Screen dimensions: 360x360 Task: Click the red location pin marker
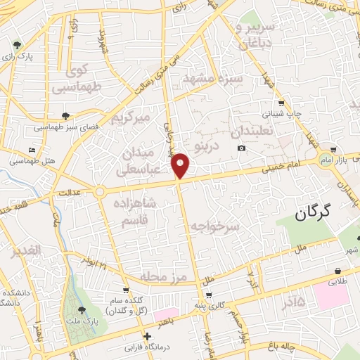tap(181, 166)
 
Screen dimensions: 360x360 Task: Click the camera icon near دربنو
tap(242, 148)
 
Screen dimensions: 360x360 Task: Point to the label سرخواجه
tap(215, 226)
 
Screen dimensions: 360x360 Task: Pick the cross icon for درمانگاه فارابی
tap(147, 335)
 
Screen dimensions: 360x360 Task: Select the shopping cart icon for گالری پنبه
tap(208, 295)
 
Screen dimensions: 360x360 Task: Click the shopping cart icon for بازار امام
tap(333, 150)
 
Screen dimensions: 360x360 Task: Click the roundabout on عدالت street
tap(100, 191)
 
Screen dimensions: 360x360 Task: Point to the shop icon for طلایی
tap(338, 271)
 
